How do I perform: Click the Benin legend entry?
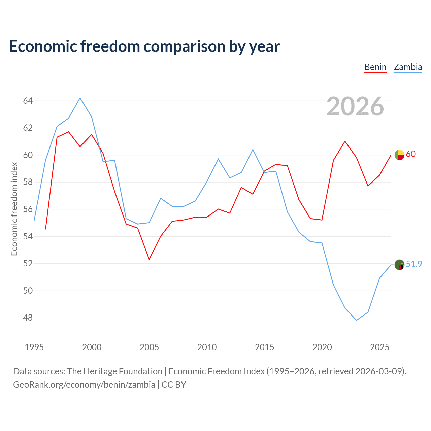375,67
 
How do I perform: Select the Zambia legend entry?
408,67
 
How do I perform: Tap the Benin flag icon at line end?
399,155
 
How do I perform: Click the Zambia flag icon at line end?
399,265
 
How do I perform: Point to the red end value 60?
411,154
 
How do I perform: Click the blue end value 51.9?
414,264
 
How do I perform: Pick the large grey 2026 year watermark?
355,106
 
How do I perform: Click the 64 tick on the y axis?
28,101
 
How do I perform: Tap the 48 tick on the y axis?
28,318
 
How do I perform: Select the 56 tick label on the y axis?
28,209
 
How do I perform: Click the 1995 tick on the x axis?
34,347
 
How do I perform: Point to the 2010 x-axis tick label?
207,347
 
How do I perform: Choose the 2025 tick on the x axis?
379,347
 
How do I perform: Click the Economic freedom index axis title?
14,209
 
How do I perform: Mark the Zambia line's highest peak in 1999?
80,98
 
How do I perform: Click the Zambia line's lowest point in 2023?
357,320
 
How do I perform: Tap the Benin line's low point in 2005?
149,260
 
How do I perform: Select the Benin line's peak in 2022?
345,141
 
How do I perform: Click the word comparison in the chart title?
184,46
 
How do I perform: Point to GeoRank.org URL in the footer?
84,385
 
